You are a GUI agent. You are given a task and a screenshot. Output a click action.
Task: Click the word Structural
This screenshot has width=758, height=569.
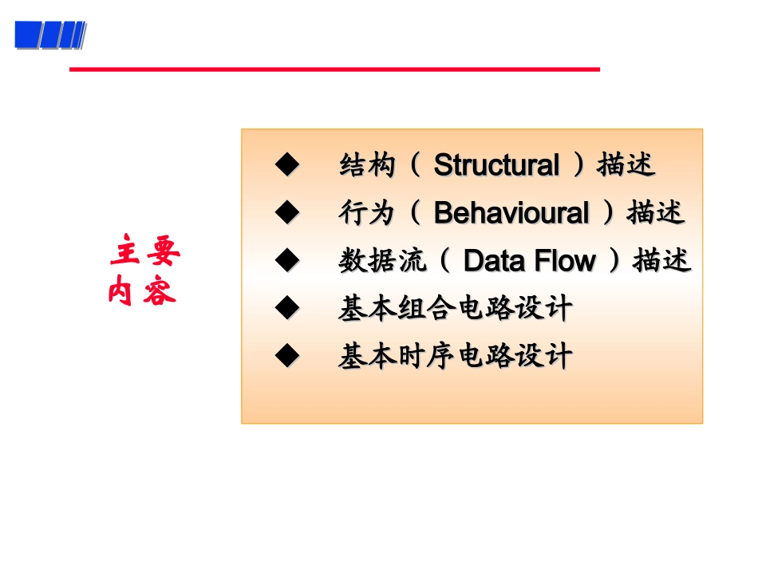pyautogui.click(x=496, y=166)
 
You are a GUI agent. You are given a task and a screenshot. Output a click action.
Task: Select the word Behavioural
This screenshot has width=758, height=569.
pyautogui.click(x=511, y=214)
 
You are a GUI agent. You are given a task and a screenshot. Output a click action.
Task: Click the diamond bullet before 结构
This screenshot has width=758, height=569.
pyautogui.click(x=286, y=166)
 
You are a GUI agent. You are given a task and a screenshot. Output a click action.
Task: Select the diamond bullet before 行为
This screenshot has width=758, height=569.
pyautogui.click(x=286, y=213)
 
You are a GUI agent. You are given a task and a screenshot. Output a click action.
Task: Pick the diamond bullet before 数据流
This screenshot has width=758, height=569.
pyautogui.click(x=286, y=260)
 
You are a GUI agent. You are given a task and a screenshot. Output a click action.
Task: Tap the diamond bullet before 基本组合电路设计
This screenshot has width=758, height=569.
pyautogui.click(x=286, y=307)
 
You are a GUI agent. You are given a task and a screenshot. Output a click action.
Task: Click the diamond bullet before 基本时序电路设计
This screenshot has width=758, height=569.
pyautogui.click(x=286, y=355)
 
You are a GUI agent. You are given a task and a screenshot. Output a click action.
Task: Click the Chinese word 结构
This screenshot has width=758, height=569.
pyautogui.click(x=368, y=166)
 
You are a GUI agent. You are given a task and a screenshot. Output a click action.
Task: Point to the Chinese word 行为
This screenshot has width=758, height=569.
pyautogui.click(x=368, y=214)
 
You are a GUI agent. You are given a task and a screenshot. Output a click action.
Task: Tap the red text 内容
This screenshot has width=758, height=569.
pyautogui.click(x=143, y=293)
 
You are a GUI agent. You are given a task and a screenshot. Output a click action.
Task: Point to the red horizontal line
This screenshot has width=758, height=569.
pyautogui.click(x=334, y=69)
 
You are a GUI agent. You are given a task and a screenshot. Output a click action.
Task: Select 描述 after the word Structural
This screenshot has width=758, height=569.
pyautogui.click(x=626, y=166)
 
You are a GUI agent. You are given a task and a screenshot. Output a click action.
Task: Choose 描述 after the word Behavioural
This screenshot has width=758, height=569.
pyautogui.click(x=656, y=214)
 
